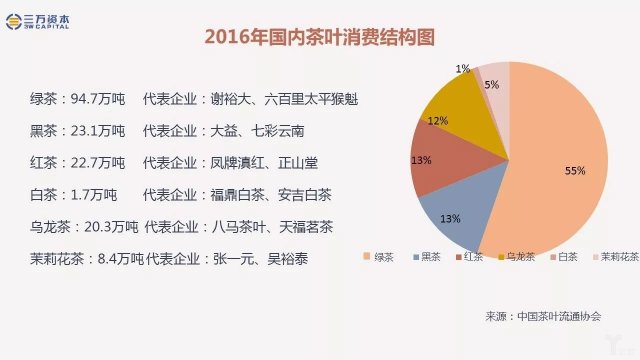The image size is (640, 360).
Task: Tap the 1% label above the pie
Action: (x=462, y=68)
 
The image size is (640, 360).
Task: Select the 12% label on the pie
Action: (x=437, y=120)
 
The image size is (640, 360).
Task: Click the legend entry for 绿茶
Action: (x=379, y=257)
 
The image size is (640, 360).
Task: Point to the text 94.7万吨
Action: (x=97, y=99)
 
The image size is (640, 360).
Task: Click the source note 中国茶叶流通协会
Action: (x=559, y=316)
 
